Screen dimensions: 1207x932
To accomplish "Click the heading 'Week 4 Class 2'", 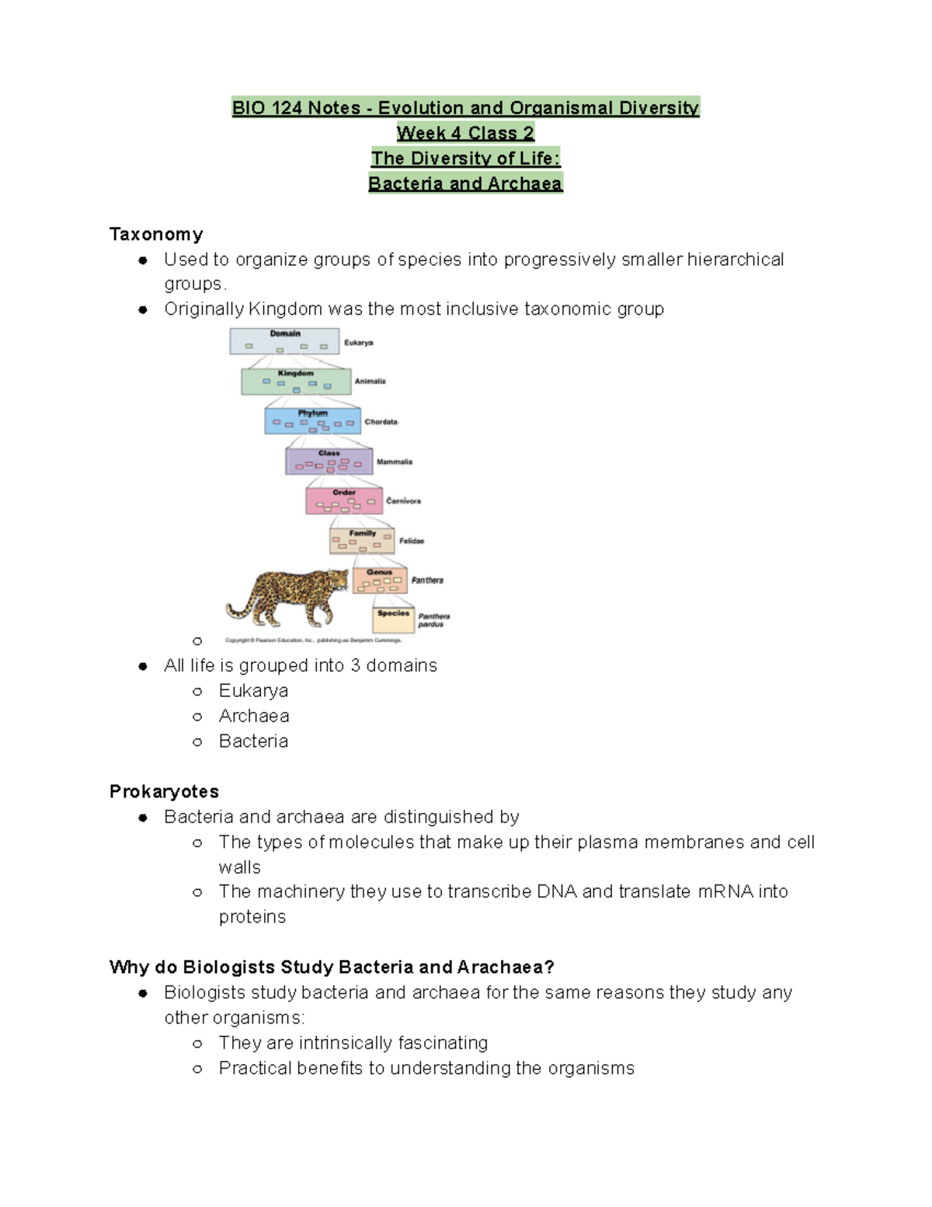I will click(x=465, y=133).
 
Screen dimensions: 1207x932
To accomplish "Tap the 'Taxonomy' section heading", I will click(x=156, y=234).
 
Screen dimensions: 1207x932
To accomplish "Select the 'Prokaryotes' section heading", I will click(x=164, y=791).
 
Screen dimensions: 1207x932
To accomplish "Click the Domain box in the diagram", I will click(x=284, y=341).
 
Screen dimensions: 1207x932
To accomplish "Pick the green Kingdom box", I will click(x=296, y=381).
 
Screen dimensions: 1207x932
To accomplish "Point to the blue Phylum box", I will click(x=313, y=420).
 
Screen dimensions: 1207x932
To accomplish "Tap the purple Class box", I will click(x=329, y=461).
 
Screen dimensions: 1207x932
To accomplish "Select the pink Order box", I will click(x=344, y=501).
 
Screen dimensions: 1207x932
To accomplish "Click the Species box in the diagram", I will click(x=393, y=619).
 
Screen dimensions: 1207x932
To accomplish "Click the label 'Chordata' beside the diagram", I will click(x=381, y=422).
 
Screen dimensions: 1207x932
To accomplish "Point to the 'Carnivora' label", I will click(x=403, y=501).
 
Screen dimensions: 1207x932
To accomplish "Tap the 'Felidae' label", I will click(x=412, y=541).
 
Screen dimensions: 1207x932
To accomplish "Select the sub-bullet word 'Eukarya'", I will click(x=253, y=691).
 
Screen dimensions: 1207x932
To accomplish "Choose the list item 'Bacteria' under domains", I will click(x=253, y=741).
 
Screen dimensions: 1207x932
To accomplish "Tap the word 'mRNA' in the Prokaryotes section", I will click(x=725, y=891).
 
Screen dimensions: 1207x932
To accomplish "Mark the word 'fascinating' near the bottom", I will click(x=442, y=1043).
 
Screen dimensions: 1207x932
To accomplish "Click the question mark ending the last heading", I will click(x=549, y=967).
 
